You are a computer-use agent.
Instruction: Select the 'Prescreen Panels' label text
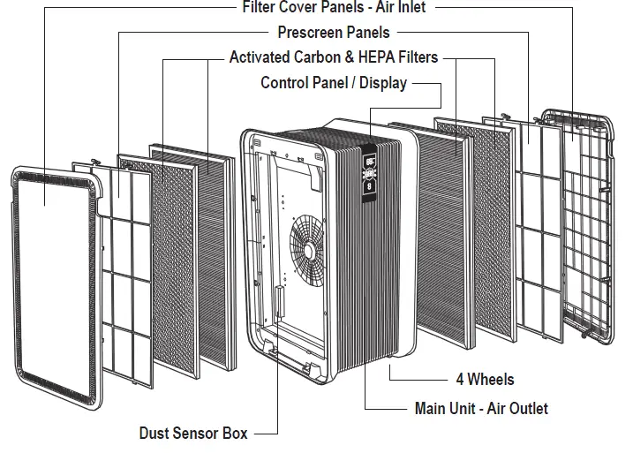coord(334,33)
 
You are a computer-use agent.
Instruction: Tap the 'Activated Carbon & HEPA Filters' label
coord(334,58)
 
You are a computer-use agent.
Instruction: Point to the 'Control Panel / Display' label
coord(334,83)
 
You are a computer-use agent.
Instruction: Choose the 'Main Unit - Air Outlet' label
coord(481,409)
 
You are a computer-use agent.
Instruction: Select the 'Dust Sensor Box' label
coord(193,434)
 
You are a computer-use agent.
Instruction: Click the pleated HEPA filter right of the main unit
coord(446,230)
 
